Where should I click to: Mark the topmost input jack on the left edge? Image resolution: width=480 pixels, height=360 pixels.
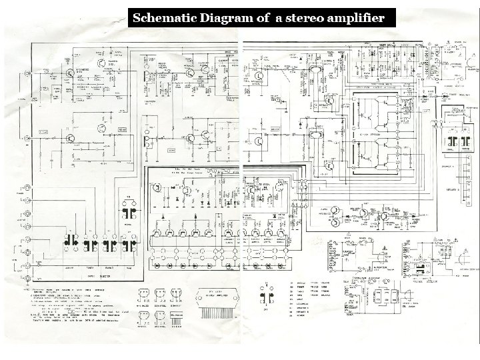(x=27, y=97)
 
